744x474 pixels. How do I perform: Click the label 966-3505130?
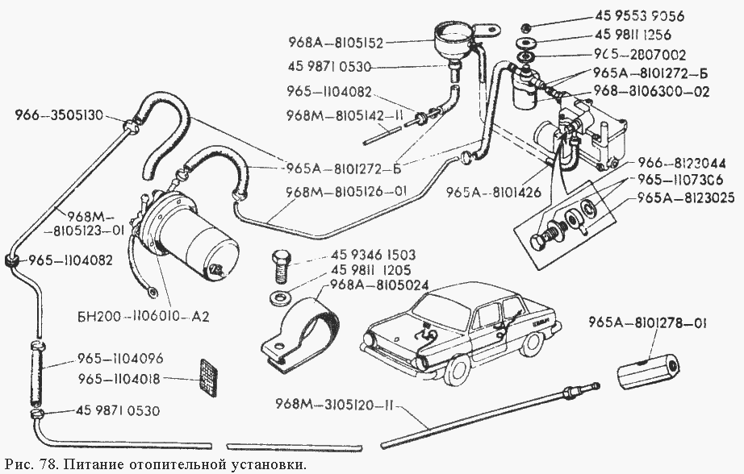click(59, 115)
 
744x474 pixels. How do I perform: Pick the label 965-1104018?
click(119, 377)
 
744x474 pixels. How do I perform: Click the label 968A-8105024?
click(378, 285)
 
